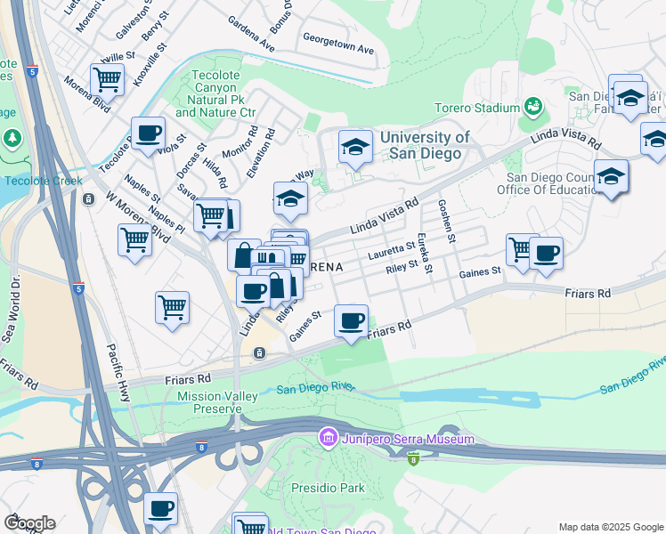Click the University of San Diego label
click(x=421, y=145)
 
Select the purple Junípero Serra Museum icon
click(x=328, y=439)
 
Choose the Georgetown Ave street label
click(x=338, y=44)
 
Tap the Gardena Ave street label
click(x=250, y=33)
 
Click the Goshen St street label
click(x=446, y=221)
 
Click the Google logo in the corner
click(x=29, y=523)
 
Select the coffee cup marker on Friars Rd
click(x=352, y=321)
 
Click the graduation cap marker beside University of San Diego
click(x=355, y=148)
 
